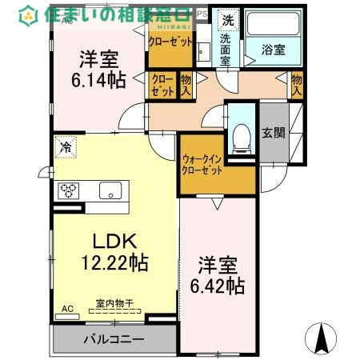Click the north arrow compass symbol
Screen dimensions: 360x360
(322, 338)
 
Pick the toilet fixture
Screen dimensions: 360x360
(239, 138)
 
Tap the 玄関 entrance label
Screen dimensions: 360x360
(272, 133)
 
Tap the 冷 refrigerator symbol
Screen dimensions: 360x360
(66, 147)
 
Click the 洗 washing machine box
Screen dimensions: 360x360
(229, 21)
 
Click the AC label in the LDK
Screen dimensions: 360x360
(68, 307)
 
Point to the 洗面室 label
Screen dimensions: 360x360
(228, 49)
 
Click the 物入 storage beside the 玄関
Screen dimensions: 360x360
(297, 84)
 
